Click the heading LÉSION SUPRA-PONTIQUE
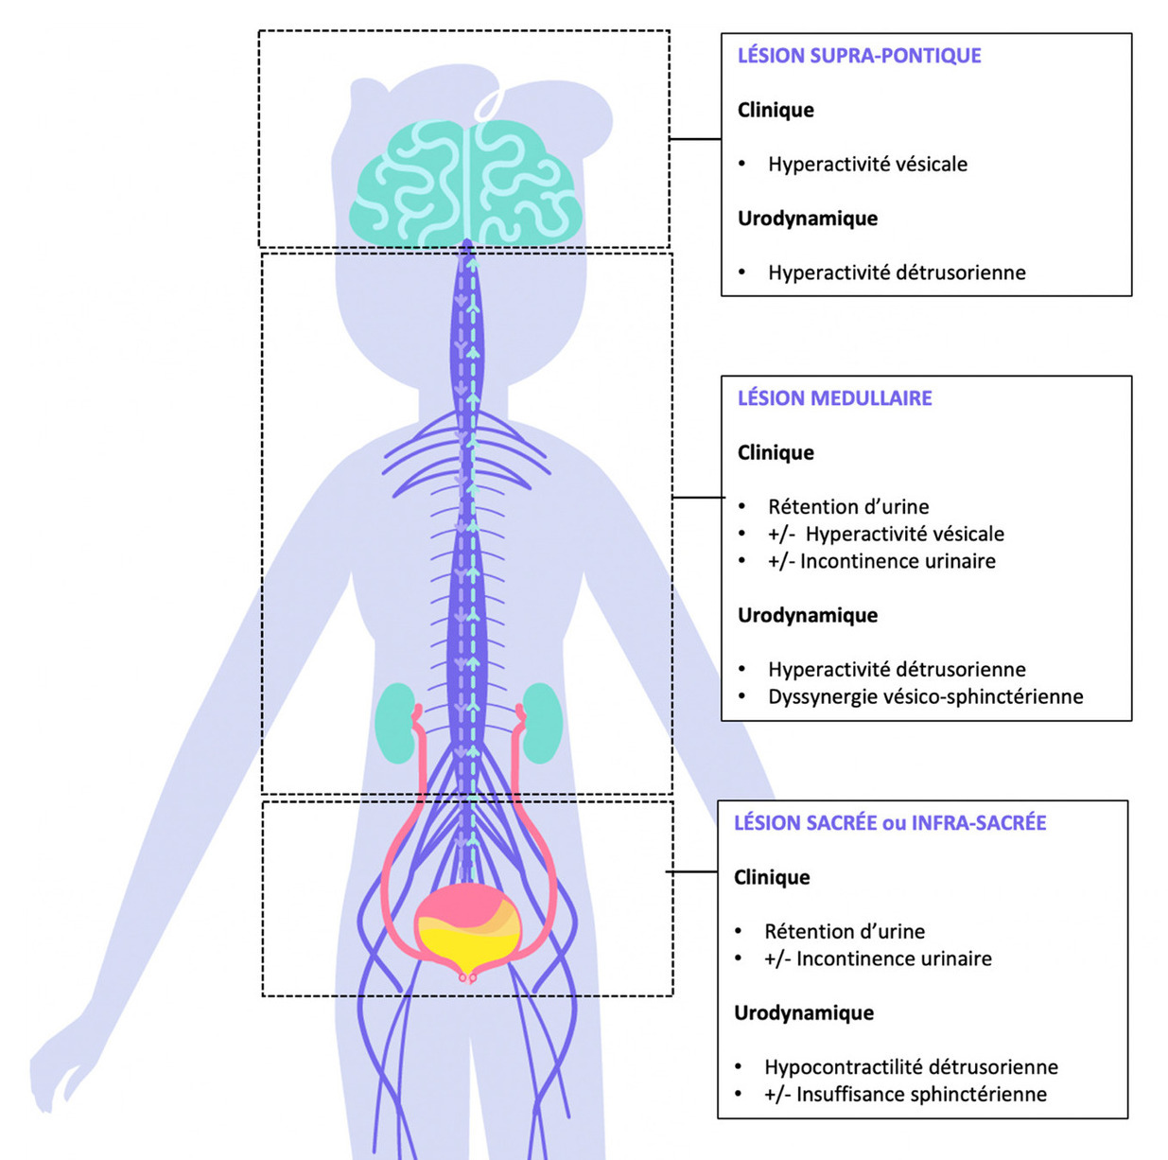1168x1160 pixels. pos(859,56)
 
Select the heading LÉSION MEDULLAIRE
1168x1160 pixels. pos(834,398)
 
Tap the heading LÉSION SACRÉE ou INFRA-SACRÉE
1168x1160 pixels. pos(890,823)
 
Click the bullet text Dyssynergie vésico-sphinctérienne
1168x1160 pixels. pos(925,697)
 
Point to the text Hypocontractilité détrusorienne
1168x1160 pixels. pos(911,1067)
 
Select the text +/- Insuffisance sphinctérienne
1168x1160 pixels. pos(905,1095)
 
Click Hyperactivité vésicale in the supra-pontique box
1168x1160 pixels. pos(867,165)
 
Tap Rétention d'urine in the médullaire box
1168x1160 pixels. pos(848,507)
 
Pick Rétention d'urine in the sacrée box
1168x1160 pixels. pos(845,932)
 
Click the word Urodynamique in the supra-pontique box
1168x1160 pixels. pos(808,219)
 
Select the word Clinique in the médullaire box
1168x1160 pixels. pos(776,452)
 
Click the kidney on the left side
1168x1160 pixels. pos(395,724)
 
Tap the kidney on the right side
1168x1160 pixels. pos(543,724)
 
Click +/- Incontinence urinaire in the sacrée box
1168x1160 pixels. pos(878,959)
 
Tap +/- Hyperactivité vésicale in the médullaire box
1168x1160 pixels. pos(885,535)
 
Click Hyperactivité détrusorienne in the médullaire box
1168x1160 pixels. pos(897,670)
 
